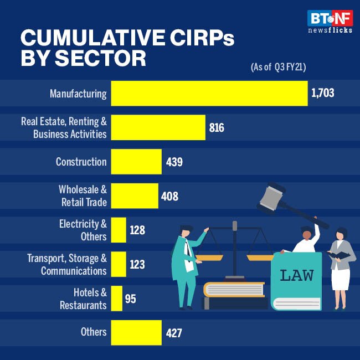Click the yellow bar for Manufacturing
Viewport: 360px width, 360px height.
[209, 93]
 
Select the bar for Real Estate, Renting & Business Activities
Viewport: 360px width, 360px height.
[158, 127]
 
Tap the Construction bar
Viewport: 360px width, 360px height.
[136, 162]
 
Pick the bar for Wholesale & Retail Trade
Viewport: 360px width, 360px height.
[135, 196]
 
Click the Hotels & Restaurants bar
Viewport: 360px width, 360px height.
[116, 299]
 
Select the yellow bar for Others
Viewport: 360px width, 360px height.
[136, 332]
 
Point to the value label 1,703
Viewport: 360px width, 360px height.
[323, 94]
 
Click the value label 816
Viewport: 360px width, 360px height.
[217, 128]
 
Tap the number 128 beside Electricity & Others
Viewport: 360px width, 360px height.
[137, 230]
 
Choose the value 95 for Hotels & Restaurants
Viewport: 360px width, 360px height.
[130, 299]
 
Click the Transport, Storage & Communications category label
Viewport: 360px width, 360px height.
[67, 264]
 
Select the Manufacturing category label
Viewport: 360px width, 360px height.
[78, 94]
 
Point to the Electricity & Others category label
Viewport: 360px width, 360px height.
[83, 230]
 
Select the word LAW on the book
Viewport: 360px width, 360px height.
[297, 275]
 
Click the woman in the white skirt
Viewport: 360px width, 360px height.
[341, 266]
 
